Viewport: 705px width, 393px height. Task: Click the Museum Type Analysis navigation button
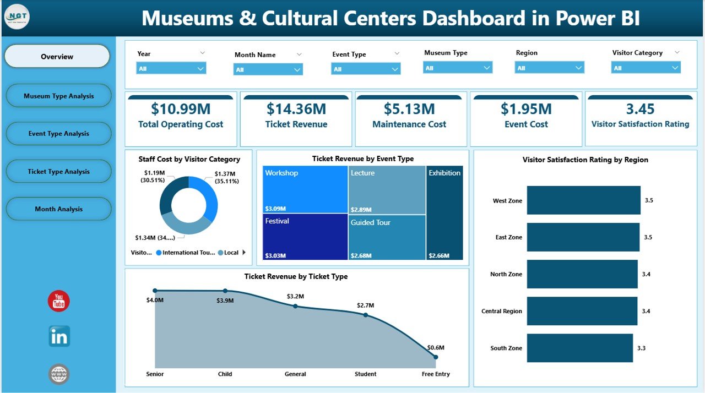(58, 96)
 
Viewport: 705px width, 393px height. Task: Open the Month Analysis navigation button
(58, 209)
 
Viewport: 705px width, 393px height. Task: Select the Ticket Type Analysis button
(58, 171)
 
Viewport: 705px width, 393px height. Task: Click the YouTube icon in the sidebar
(59, 301)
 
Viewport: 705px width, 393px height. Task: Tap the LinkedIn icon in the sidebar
(59, 336)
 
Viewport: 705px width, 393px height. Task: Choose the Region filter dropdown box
(549, 68)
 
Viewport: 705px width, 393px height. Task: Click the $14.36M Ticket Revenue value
(296, 109)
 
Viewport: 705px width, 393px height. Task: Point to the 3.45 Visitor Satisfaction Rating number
(640, 109)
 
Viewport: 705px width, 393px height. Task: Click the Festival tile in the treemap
(305, 237)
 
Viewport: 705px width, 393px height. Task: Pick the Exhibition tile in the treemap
(444, 212)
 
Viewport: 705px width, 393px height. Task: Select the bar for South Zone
(579, 348)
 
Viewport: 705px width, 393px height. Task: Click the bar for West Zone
(583, 200)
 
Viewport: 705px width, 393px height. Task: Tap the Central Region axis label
(501, 311)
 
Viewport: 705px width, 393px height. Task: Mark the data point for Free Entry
(436, 357)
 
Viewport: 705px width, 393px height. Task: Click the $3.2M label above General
(295, 296)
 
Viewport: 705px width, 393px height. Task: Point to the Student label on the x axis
(365, 374)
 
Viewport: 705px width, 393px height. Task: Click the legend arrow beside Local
(244, 253)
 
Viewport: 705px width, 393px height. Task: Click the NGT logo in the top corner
(17, 17)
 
